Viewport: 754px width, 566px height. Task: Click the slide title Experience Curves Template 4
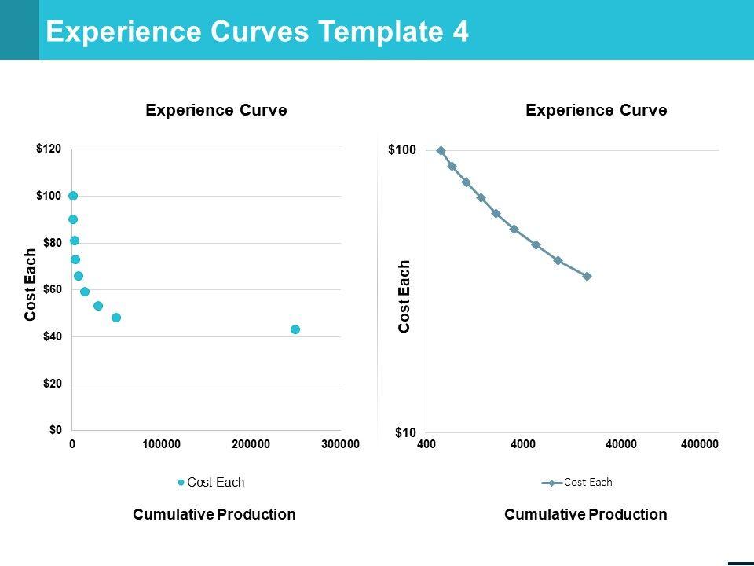pos(258,31)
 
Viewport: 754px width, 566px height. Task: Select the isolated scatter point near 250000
pos(295,329)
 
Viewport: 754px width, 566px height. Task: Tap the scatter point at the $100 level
pos(73,196)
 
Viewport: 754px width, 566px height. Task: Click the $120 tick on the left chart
pos(48,149)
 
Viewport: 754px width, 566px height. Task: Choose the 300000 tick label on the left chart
pos(341,444)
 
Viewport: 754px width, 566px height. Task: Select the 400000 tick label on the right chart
pos(699,444)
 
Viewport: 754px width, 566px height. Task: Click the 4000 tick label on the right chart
pos(523,444)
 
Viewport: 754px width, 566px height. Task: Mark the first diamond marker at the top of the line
pos(441,150)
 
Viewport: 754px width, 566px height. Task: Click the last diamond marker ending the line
pos(587,276)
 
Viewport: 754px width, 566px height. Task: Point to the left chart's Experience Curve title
pos(216,111)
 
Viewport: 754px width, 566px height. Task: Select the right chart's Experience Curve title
pos(596,111)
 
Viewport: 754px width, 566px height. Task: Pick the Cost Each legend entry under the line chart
pos(581,483)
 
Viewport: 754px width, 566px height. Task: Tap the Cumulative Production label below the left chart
pos(214,515)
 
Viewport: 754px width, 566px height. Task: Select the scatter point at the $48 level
pos(116,318)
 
